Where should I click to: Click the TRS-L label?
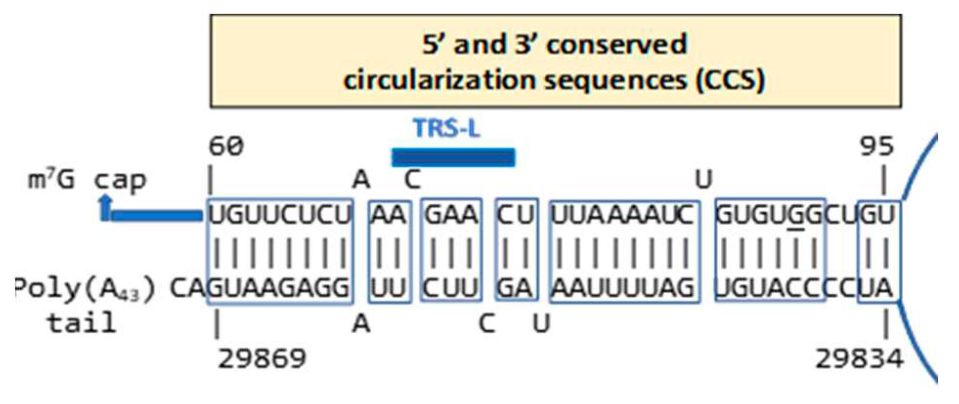[446, 129]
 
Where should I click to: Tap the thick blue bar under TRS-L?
[453, 158]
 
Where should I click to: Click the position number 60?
[226, 146]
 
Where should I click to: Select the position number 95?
[877, 146]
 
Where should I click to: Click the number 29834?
[859, 360]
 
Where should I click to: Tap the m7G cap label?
[87, 181]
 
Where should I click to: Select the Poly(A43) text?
[85, 289]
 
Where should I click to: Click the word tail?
[82, 323]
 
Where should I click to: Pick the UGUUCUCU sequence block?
[280, 215]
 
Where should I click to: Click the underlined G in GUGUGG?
[797, 215]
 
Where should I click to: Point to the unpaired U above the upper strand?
[703, 180]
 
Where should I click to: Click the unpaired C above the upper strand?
[412, 180]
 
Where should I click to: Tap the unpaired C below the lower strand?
[487, 323]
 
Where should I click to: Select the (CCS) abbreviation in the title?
[730, 80]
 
